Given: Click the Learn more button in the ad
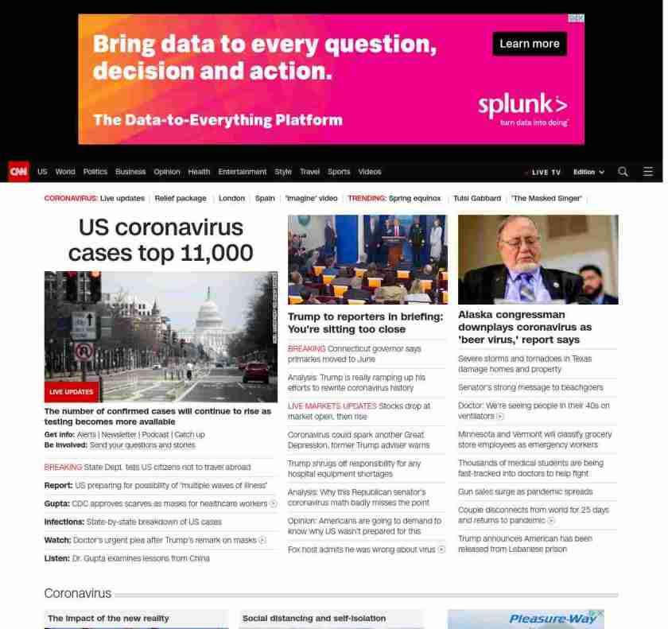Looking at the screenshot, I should (529, 44).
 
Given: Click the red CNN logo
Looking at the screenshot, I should (18, 171).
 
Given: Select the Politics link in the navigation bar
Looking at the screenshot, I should (95, 172).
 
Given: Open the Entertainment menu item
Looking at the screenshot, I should (243, 172).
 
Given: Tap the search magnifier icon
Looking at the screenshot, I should (623, 172).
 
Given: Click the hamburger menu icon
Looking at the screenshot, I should (648, 172).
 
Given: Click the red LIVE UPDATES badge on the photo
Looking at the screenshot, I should (72, 392).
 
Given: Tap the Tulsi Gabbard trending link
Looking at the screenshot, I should (477, 198).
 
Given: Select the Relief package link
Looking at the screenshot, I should (181, 198).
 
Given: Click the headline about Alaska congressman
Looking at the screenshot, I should (525, 327).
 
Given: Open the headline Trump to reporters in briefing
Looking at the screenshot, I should (365, 323).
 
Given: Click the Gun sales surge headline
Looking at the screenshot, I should (525, 492).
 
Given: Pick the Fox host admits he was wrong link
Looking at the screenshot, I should (362, 549).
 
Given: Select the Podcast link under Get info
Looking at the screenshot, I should (155, 435).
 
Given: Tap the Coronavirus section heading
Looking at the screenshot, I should (78, 594).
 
